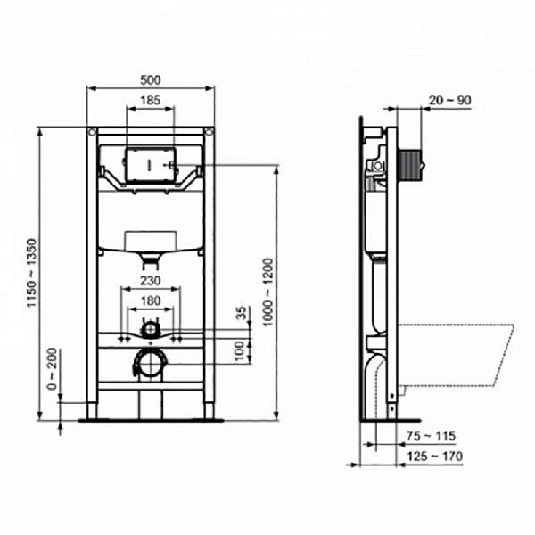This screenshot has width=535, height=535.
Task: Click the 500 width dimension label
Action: click(151, 78)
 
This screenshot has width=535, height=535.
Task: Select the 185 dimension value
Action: click(151, 102)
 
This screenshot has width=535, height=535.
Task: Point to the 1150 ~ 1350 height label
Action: click(33, 272)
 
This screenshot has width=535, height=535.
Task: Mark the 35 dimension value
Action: click(240, 313)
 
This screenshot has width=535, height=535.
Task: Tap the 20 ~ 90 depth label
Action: click(450, 100)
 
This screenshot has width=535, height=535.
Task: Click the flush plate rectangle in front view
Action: click(150, 165)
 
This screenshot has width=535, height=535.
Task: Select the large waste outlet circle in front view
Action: click(150, 363)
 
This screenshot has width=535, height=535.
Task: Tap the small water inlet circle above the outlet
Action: click(150, 327)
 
